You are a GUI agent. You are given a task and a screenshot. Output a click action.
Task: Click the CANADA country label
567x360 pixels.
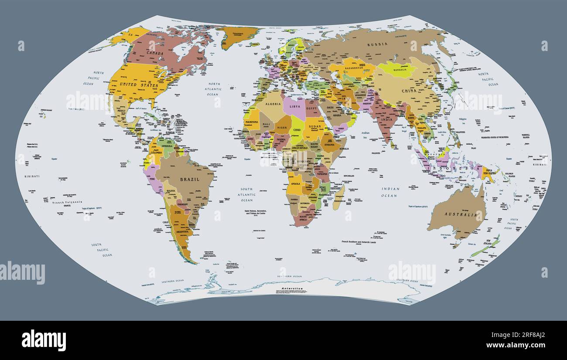(155, 53)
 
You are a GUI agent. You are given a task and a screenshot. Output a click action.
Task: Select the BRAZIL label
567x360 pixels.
(190, 179)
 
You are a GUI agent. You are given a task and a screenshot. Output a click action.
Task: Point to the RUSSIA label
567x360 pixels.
(377, 44)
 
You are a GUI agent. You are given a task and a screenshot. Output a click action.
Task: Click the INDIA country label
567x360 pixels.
(386, 119)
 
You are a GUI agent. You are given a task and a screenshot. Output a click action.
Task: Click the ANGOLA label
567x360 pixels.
(296, 184)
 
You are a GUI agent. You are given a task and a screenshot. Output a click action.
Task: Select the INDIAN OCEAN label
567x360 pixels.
(389, 192)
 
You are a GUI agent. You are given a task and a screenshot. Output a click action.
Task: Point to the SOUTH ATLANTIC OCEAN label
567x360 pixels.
(247, 194)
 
